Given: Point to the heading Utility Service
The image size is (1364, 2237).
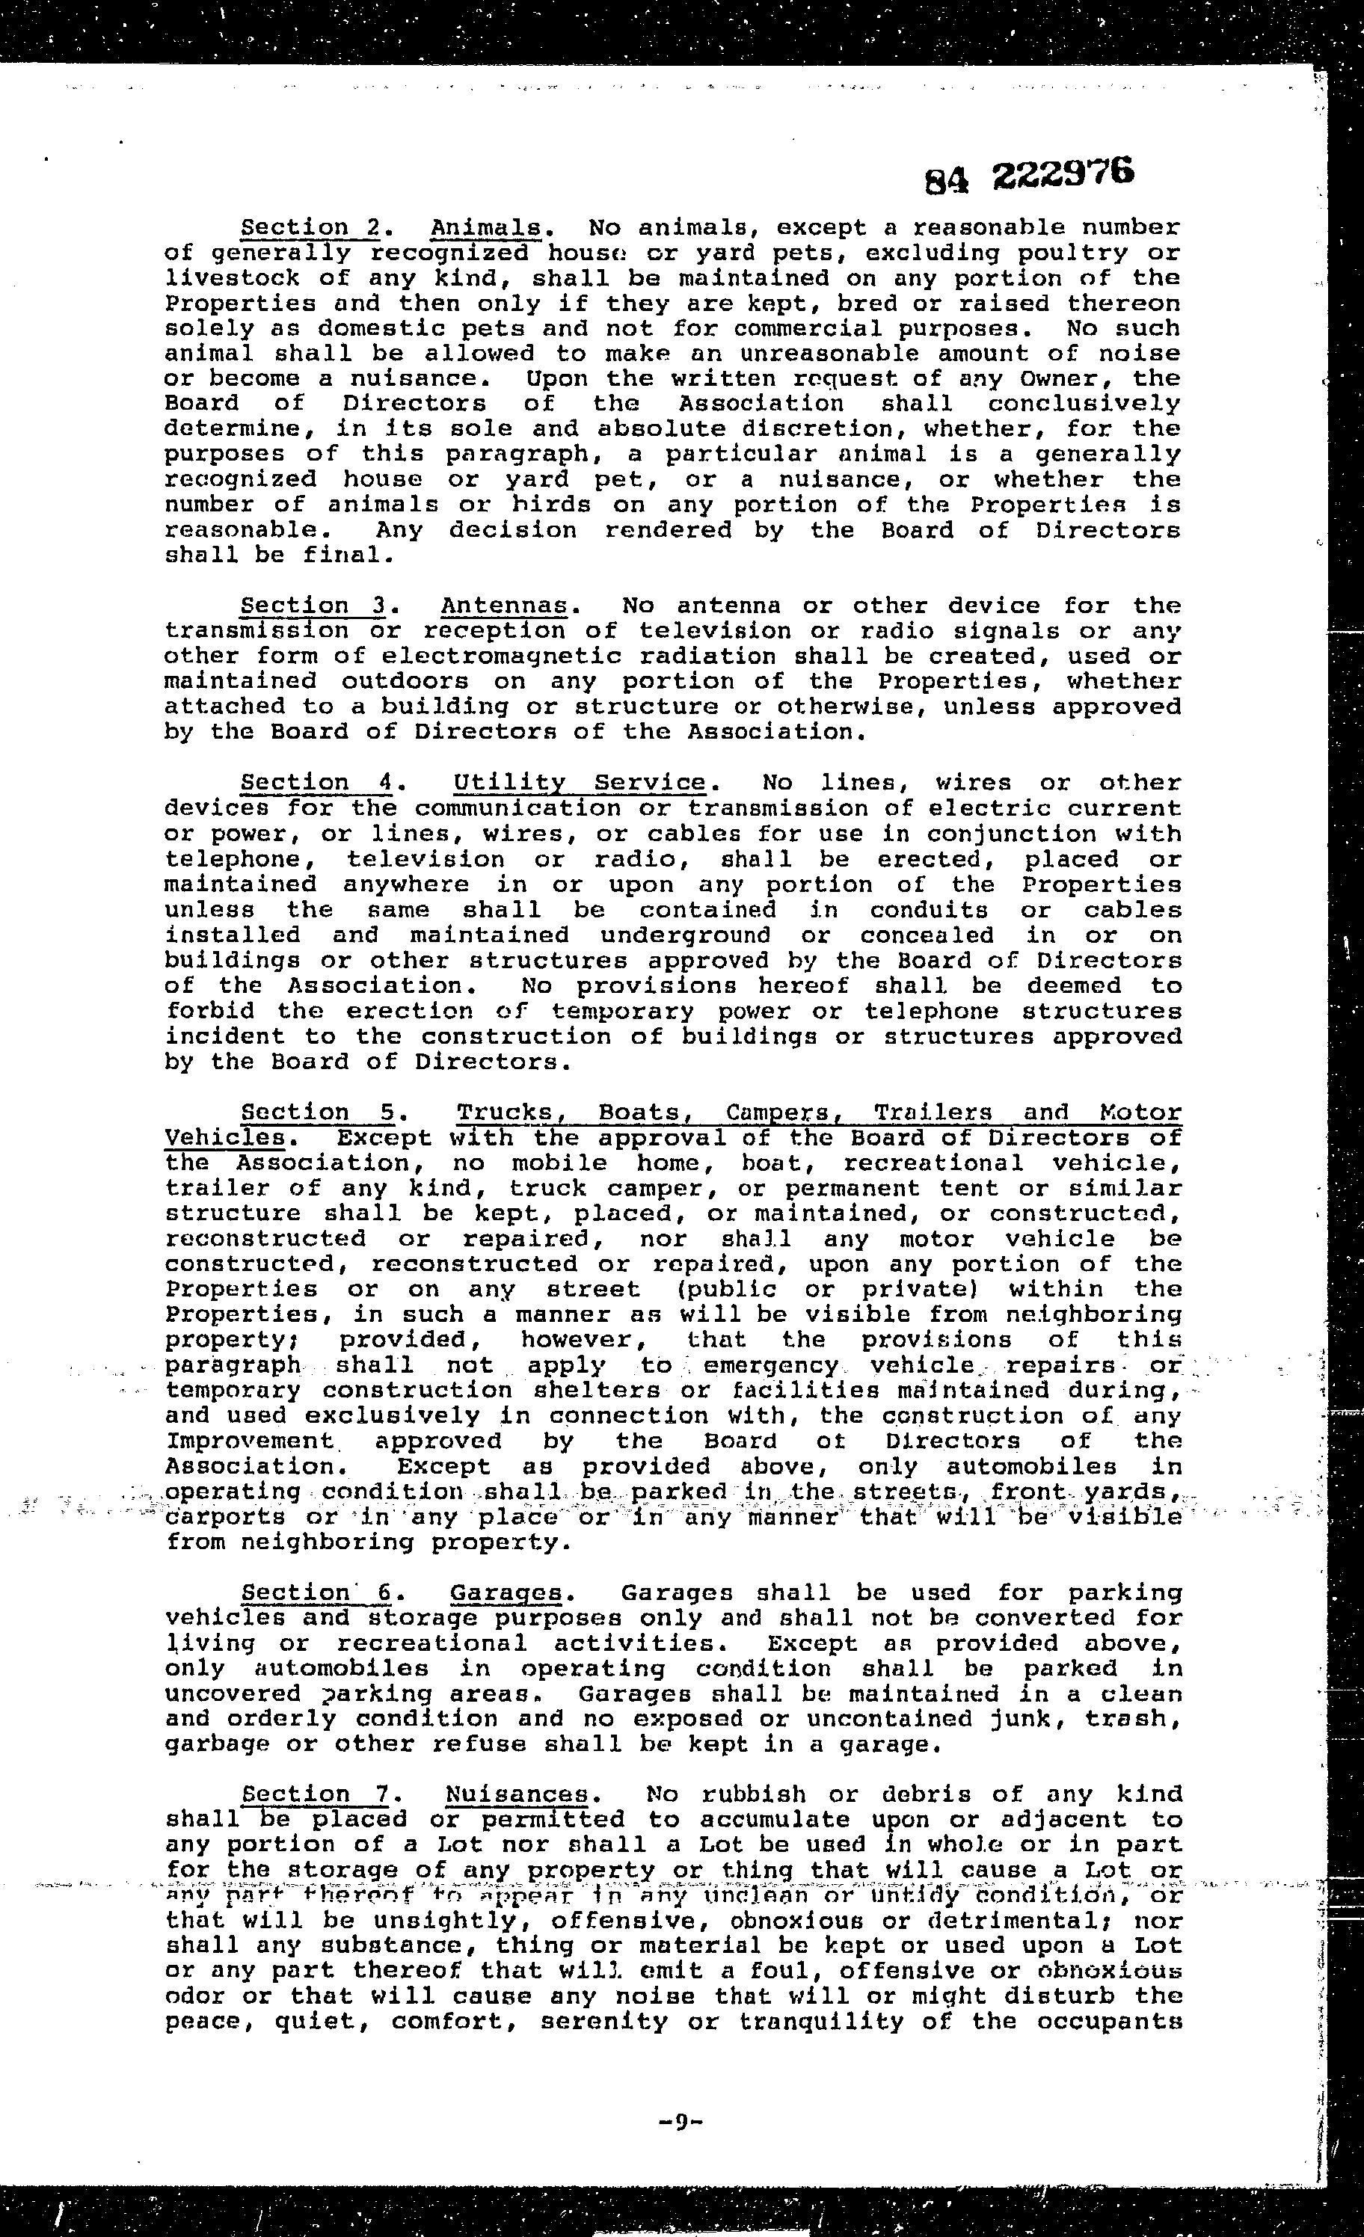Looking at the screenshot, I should tap(580, 783).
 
